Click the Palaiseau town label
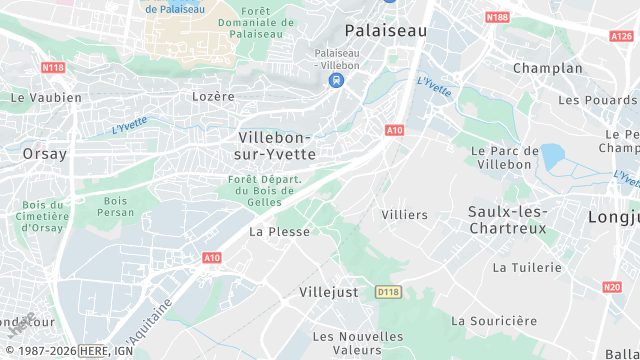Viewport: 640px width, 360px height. [x=385, y=31]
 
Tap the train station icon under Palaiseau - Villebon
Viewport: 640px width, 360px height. [x=339, y=80]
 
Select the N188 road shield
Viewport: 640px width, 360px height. [x=496, y=18]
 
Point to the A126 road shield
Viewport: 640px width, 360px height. [x=621, y=35]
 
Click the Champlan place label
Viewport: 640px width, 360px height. [x=547, y=68]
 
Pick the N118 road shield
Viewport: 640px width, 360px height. [x=53, y=68]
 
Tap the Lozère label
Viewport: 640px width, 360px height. [x=212, y=97]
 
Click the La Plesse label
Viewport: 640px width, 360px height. [x=279, y=231]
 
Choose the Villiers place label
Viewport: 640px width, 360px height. [x=404, y=215]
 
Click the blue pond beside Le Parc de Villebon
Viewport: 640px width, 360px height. [x=551, y=155]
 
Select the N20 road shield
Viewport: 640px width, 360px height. [x=612, y=287]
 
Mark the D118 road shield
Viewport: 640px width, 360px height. [x=388, y=292]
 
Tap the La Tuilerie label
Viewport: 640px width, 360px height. [x=529, y=268]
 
